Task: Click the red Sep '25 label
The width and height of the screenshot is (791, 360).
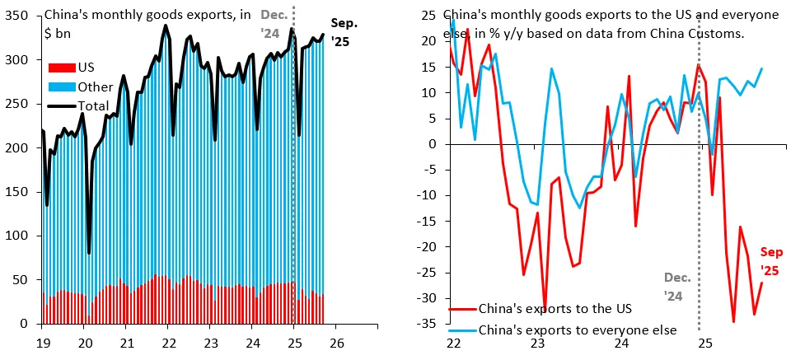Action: pyautogui.click(x=770, y=261)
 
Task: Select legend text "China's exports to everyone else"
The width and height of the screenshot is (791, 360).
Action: pyautogui.click(x=578, y=330)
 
